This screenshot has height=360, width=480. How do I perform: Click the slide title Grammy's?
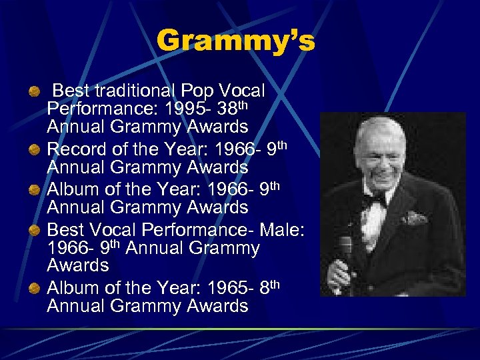coord(235,41)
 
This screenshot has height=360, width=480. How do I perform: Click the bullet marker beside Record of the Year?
coord(34,150)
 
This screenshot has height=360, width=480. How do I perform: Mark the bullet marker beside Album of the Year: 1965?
coord(34,289)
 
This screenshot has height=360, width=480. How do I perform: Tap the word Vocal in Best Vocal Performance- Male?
coord(112,230)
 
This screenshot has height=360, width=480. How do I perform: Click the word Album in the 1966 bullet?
coord(74,189)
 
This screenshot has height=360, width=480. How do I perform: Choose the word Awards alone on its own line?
coord(78,265)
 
